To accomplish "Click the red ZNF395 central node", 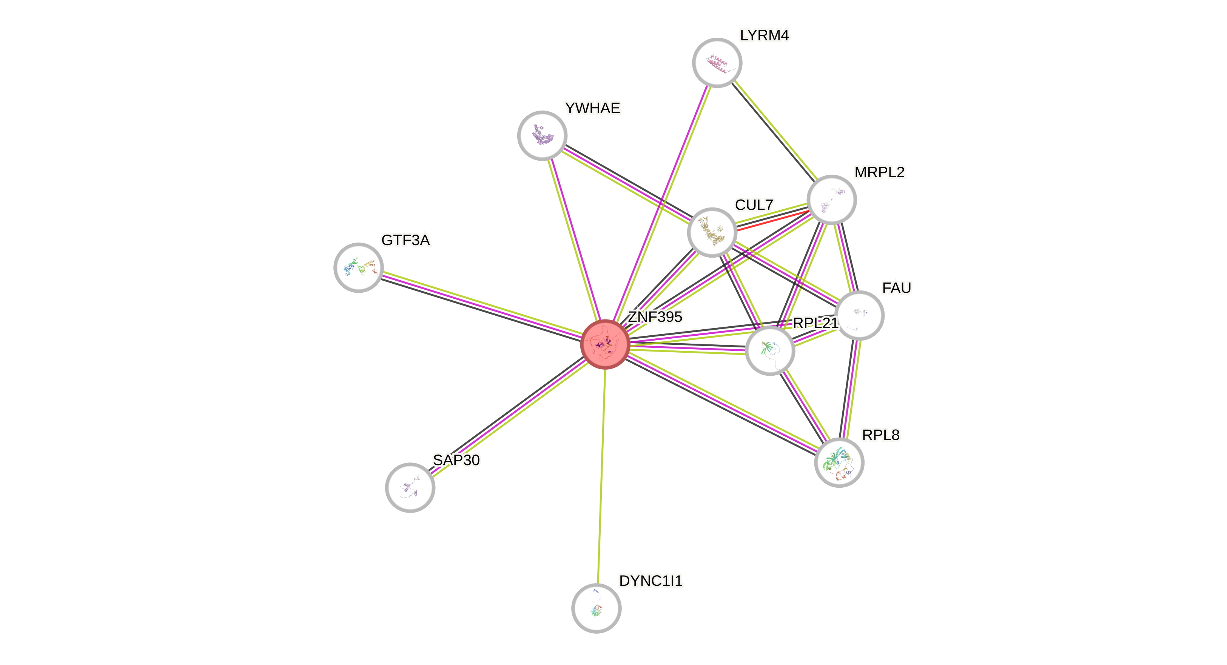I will (605, 344).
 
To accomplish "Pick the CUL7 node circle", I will (712, 232).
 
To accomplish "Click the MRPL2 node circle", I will (832, 200).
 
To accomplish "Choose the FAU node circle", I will (859, 315).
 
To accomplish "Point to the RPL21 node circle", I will (770, 350).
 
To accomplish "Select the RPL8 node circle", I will (839, 462).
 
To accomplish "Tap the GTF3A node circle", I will (358, 267).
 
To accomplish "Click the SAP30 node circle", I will (410, 487).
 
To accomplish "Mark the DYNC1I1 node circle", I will (597, 608).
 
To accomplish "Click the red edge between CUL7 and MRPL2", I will (772, 221).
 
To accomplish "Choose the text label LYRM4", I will (765, 35).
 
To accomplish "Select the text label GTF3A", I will (406, 240).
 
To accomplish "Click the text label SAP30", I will (456, 460).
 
